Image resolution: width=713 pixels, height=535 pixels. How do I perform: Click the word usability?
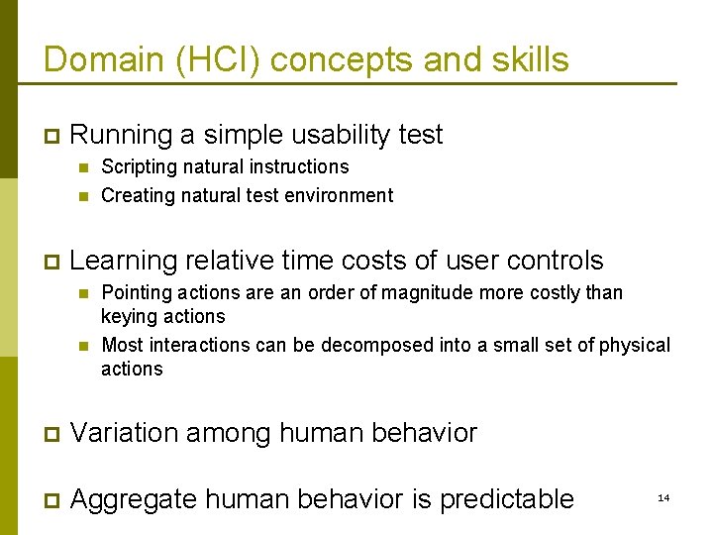[317, 134]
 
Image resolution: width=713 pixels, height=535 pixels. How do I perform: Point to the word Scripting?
[139, 166]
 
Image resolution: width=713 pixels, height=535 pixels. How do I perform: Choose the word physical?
[636, 345]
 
